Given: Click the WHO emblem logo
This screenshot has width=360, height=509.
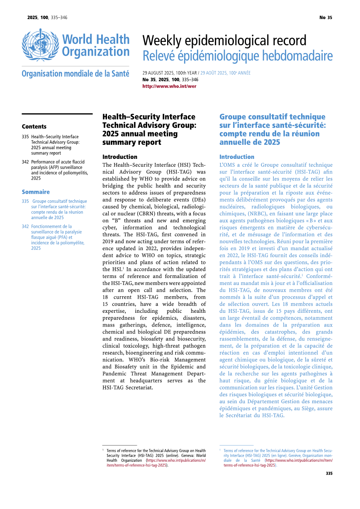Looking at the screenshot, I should tap(40, 46).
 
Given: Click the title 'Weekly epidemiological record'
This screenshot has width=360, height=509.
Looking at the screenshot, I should tap(224, 41).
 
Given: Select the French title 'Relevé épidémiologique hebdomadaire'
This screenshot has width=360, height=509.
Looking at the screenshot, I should tap(237, 56).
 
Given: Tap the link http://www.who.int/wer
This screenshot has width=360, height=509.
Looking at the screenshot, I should tap(169, 86).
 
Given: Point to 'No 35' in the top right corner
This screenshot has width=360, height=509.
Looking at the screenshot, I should tap(326, 17).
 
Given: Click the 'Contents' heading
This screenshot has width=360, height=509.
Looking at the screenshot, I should tap(34, 127).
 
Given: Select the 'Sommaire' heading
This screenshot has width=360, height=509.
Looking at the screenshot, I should tap(36, 192).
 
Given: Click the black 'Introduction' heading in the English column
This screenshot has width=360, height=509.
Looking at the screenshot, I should tap(119, 157).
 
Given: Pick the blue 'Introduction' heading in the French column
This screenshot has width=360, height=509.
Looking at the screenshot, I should tap(236, 157).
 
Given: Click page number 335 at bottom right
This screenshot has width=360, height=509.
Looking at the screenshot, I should tap(329, 473).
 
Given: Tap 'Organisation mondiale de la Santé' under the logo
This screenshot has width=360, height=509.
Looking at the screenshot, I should tap(75, 74).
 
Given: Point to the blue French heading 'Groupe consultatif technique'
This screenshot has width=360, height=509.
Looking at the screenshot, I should tap(272, 129).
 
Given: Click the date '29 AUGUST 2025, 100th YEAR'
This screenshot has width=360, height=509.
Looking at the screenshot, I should tap(170, 73).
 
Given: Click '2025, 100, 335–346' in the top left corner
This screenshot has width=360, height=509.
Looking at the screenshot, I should tap(47, 17).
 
